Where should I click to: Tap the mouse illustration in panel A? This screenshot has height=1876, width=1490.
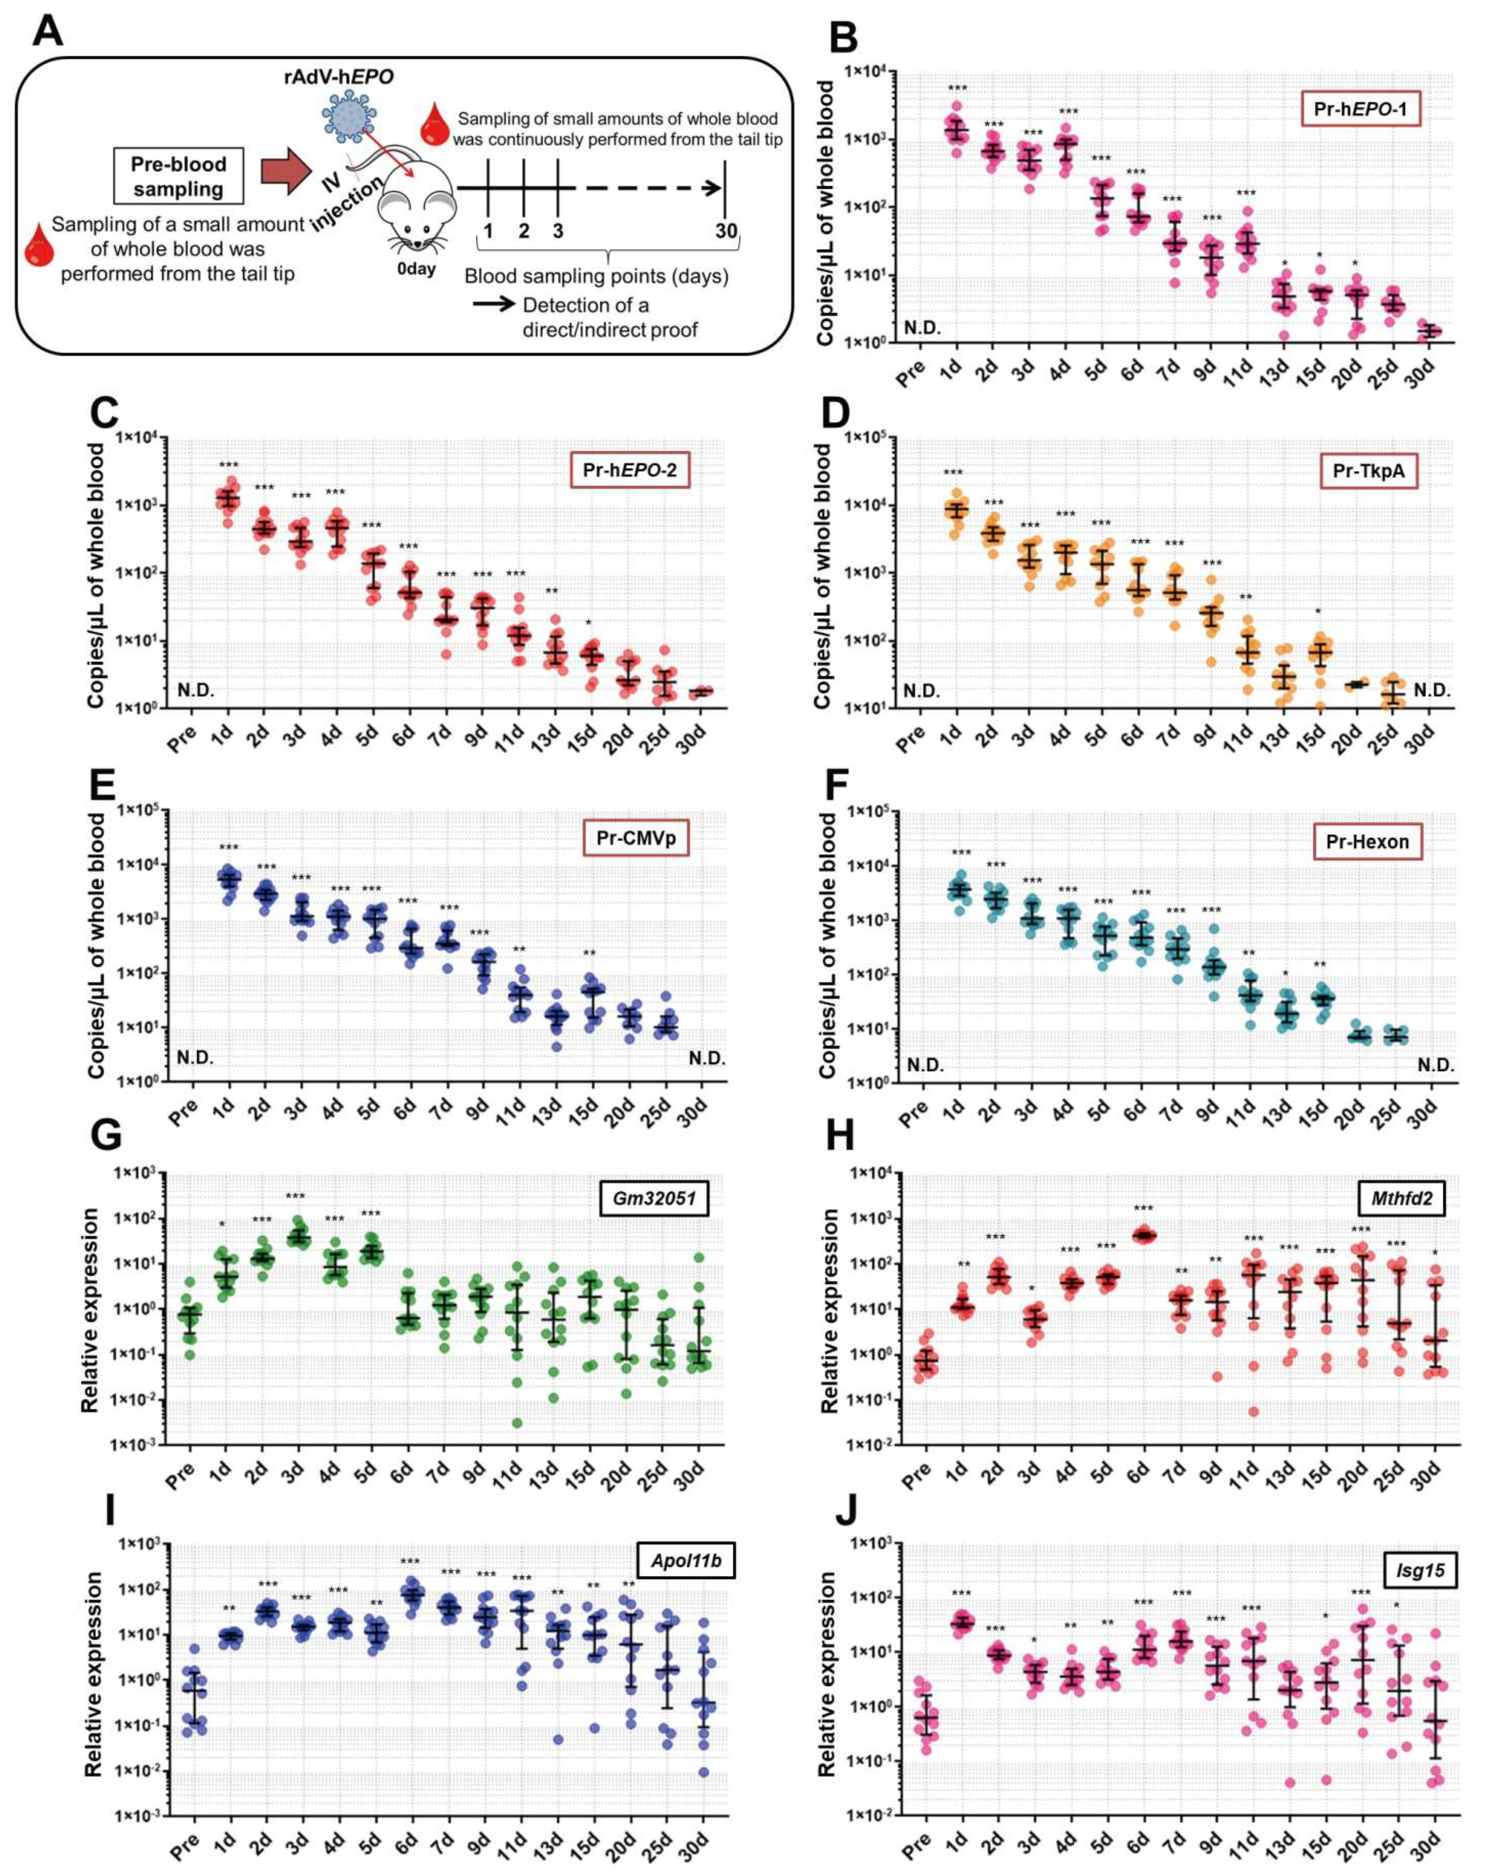pos(416,209)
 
